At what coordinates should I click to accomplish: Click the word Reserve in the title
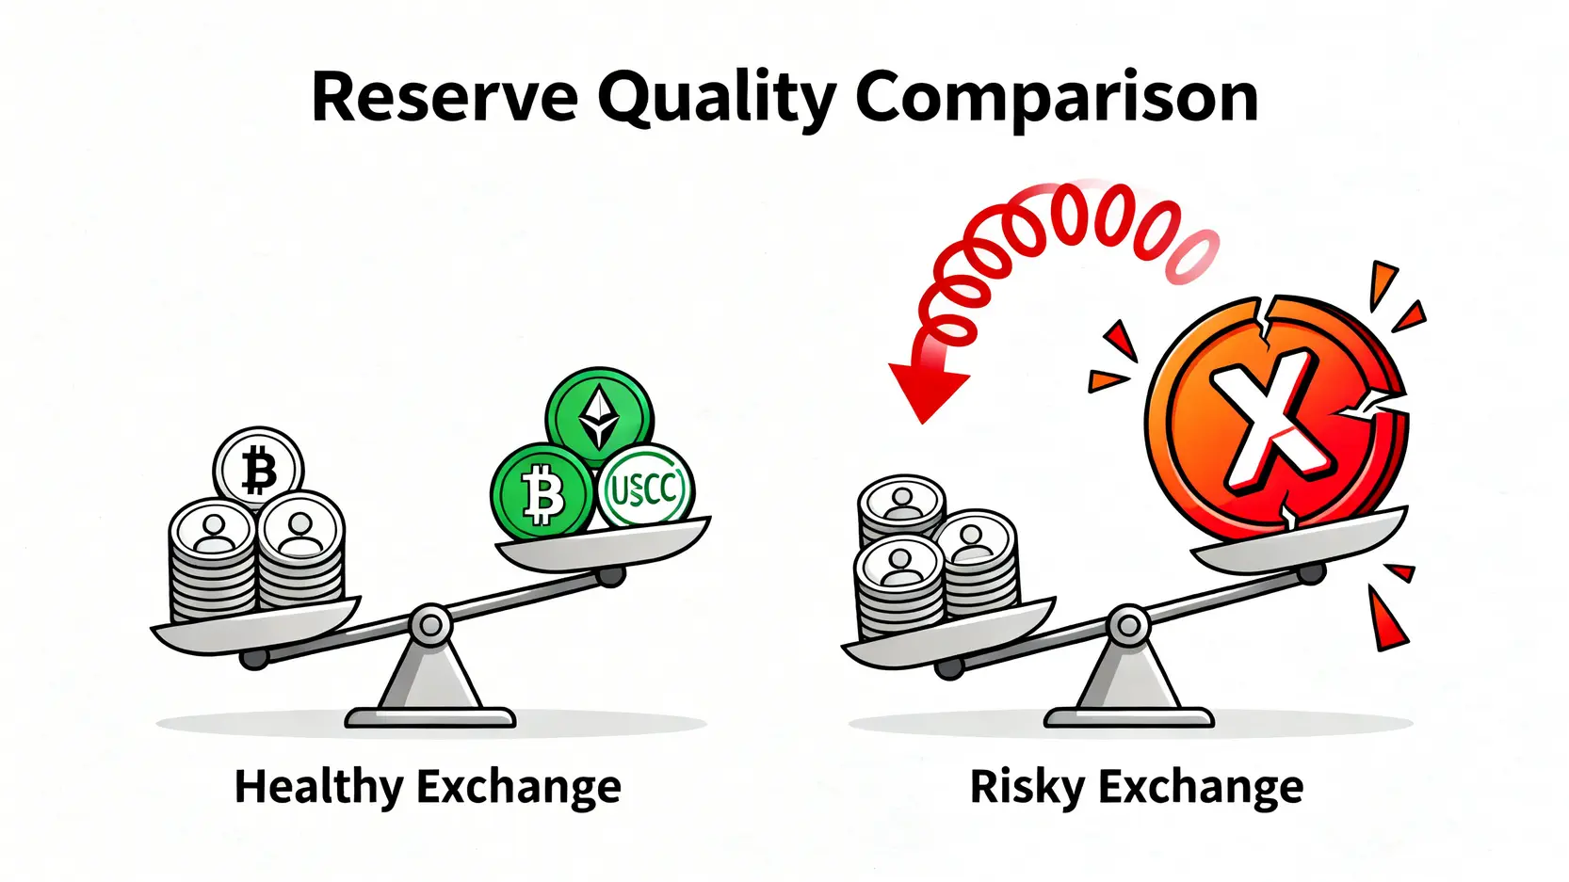(445, 97)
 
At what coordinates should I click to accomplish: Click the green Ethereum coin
(600, 418)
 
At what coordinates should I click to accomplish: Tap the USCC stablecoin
(644, 488)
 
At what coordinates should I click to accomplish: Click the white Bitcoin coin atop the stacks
(258, 469)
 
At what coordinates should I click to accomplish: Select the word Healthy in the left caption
(318, 788)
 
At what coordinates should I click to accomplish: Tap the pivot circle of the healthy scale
(430, 624)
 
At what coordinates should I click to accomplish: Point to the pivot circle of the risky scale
(1128, 624)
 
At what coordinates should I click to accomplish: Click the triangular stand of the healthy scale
(430, 682)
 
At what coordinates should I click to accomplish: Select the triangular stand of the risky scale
(1128, 682)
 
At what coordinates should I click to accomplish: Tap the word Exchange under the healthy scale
(518, 788)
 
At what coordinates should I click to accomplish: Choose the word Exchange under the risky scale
(1202, 788)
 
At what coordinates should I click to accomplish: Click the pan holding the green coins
(603, 544)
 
